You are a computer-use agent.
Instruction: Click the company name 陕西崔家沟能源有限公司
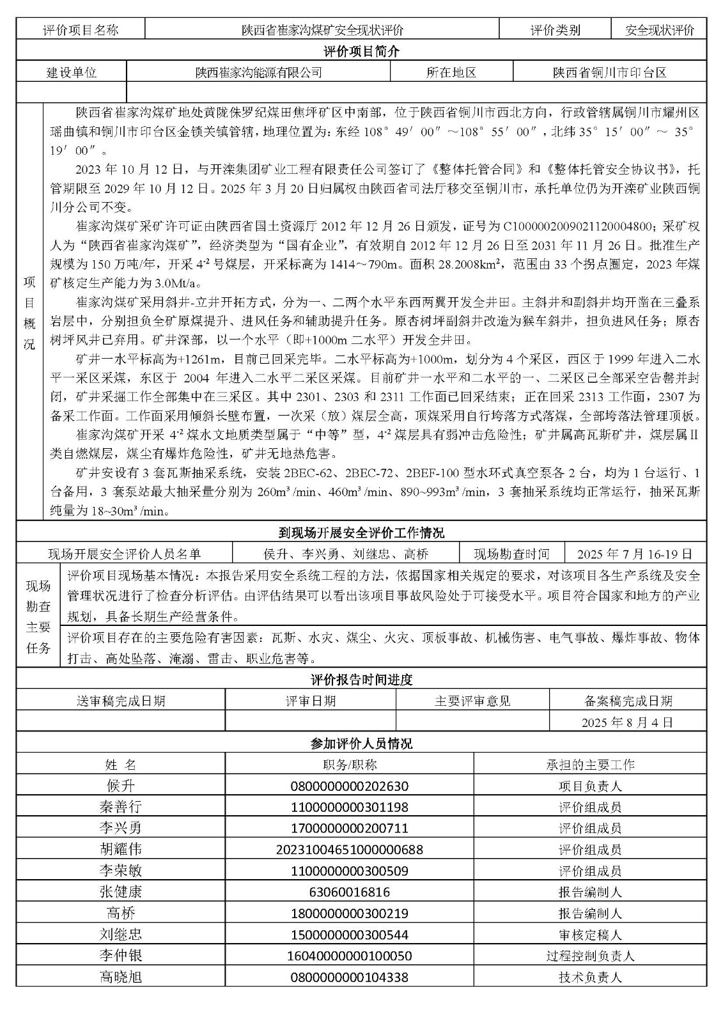click(x=258, y=72)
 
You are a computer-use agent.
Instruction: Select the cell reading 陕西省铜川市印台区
click(x=609, y=72)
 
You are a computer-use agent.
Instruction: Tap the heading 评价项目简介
click(x=361, y=51)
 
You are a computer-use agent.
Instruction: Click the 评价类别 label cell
click(x=555, y=29)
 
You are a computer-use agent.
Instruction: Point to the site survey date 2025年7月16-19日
click(x=634, y=554)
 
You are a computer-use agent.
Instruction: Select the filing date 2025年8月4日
click(x=627, y=722)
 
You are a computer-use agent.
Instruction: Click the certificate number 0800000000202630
click(x=349, y=786)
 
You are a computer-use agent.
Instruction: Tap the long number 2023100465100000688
click(x=349, y=850)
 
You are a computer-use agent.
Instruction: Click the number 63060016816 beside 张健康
click(x=349, y=892)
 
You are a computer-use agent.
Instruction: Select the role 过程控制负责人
click(x=590, y=956)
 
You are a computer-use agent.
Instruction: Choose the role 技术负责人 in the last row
click(x=590, y=977)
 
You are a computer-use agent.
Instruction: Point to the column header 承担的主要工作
click(x=590, y=765)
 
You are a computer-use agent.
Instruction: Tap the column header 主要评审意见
click(x=472, y=701)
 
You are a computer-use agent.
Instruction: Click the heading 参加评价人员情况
click(x=361, y=744)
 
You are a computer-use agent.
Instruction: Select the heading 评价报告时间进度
click(x=361, y=680)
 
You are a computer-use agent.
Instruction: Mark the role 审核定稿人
click(x=590, y=935)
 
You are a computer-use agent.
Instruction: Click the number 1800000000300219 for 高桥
click(x=349, y=913)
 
